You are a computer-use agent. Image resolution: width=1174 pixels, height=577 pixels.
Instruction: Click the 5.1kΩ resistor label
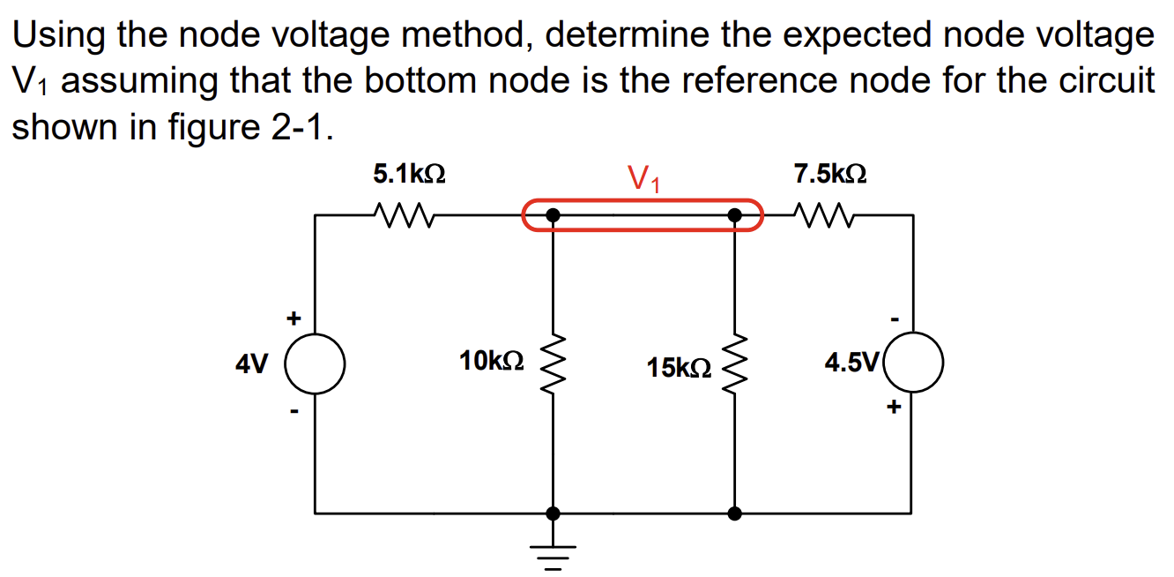(409, 174)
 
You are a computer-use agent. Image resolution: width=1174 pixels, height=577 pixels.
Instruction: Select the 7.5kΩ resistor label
(829, 174)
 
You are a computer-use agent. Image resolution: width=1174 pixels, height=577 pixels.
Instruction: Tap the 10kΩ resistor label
(492, 360)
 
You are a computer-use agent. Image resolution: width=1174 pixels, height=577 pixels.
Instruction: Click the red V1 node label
(645, 179)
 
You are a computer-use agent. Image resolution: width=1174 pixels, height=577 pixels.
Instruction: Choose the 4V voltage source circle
(315, 363)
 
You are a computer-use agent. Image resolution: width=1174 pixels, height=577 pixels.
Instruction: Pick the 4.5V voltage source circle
(913, 363)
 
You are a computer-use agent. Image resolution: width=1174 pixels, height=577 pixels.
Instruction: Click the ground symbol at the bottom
(553, 552)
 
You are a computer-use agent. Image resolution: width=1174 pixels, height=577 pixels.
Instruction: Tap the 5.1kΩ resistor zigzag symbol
(402, 214)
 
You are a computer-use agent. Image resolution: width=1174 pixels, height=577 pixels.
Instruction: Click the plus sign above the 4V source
(293, 316)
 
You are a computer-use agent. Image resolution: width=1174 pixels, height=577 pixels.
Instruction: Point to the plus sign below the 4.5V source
(895, 408)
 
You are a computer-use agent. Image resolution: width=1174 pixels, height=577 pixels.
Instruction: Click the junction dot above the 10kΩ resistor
(553, 214)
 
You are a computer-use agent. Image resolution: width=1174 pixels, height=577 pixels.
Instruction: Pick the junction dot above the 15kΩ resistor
(734, 214)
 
